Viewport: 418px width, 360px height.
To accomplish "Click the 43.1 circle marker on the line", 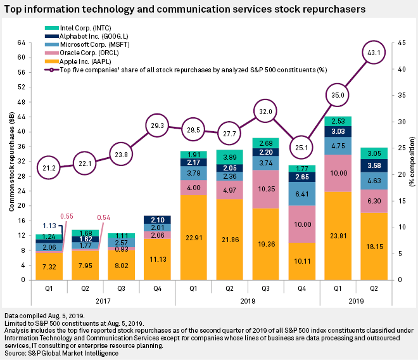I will (x=374, y=53).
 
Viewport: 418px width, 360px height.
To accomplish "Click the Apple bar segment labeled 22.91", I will (x=194, y=238).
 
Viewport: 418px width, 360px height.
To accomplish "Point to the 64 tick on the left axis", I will (x=21, y=42).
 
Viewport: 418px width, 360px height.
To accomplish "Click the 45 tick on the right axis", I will (x=398, y=42).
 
